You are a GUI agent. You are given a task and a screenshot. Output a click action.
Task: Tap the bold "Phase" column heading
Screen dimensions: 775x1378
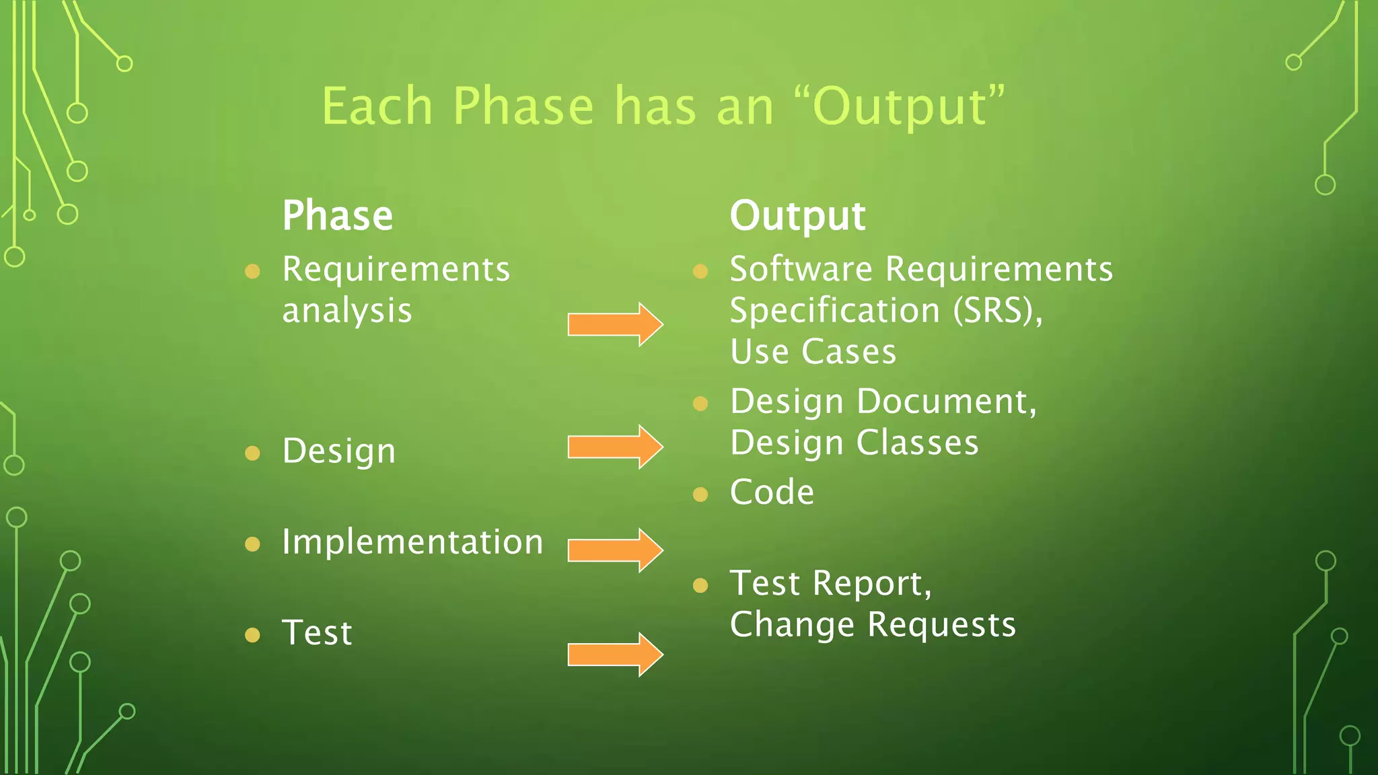[337, 216]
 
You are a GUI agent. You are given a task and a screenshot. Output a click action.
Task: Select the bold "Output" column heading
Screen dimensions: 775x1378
[797, 216]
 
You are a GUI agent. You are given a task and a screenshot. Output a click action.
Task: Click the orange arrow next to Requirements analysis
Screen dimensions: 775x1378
[615, 324]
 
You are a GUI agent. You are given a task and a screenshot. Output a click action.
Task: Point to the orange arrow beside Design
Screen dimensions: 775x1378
[615, 447]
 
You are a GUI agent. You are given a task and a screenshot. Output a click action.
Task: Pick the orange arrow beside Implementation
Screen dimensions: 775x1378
[615, 550]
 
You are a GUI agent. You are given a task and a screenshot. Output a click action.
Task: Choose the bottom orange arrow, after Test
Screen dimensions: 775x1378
[615, 654]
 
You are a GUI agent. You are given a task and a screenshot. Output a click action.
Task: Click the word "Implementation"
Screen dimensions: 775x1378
[412, 542]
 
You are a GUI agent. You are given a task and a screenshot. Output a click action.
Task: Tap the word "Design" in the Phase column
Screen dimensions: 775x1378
[338, 451]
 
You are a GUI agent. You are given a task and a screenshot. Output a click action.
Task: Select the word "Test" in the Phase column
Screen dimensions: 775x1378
[317, 633]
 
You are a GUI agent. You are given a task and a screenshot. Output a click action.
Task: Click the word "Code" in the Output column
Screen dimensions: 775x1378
[772, 492]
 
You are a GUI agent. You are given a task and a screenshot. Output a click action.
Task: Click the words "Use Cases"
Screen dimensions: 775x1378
[813, 352]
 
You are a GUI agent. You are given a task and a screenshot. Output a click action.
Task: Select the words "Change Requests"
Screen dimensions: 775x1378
[873, 625]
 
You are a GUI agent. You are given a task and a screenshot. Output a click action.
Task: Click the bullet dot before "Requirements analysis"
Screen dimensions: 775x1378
[252, 271]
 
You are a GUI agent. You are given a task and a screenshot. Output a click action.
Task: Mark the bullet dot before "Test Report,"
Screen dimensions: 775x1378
[700, 585]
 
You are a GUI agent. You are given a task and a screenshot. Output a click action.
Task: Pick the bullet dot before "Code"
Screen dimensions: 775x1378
[700, 495]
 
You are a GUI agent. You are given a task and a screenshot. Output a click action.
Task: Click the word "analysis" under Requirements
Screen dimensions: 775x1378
[347, 311]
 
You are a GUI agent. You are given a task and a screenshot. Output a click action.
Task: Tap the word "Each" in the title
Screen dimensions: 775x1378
[377, 106]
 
